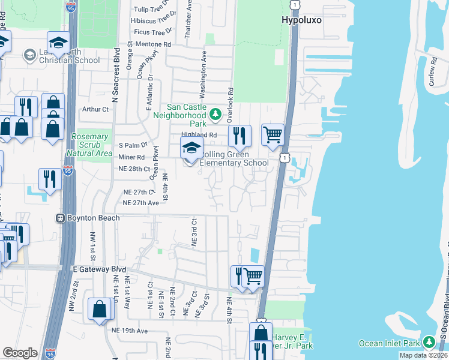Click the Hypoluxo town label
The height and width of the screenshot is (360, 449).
301,20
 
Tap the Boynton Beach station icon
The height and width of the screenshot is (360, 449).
61,218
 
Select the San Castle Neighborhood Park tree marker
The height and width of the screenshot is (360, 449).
215,114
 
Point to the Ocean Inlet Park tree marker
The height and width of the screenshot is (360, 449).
429,341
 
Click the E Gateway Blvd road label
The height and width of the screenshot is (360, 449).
100,271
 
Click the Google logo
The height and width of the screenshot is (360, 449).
20,352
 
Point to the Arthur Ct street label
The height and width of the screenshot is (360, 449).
96,109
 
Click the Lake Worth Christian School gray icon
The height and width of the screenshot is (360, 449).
29,56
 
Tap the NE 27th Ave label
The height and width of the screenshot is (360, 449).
140,203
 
